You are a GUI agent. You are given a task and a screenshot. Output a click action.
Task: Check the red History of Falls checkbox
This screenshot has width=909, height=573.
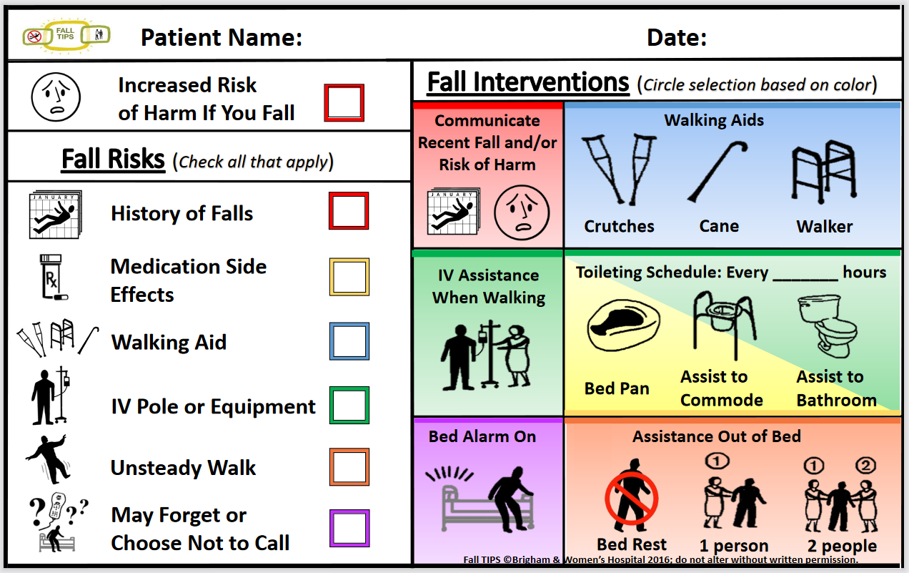(x=349, y=211)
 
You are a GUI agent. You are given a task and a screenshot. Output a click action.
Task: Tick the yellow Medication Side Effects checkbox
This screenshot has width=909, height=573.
(x=349, y=277)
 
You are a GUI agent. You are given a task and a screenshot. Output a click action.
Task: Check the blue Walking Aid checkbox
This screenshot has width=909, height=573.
(x=349, y=341)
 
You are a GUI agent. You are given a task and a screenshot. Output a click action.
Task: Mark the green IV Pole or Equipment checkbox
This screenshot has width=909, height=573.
(x=349, y=406)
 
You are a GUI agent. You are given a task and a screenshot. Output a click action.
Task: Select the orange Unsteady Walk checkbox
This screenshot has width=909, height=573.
(x=349, y=467)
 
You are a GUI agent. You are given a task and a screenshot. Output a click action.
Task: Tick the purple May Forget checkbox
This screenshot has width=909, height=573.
(x=349, y=529)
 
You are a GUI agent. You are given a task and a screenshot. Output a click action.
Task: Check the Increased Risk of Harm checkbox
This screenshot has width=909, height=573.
(x=344, y=103)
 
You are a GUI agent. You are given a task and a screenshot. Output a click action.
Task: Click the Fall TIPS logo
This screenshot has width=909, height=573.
(x=66, y=34)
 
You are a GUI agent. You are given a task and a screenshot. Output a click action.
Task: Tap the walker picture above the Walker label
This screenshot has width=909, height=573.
(x=824, y=172)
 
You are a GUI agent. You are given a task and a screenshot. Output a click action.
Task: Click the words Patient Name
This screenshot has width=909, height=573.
(x=222, y=37)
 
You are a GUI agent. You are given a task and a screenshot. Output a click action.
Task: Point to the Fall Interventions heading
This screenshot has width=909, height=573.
(x=528, y=83)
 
